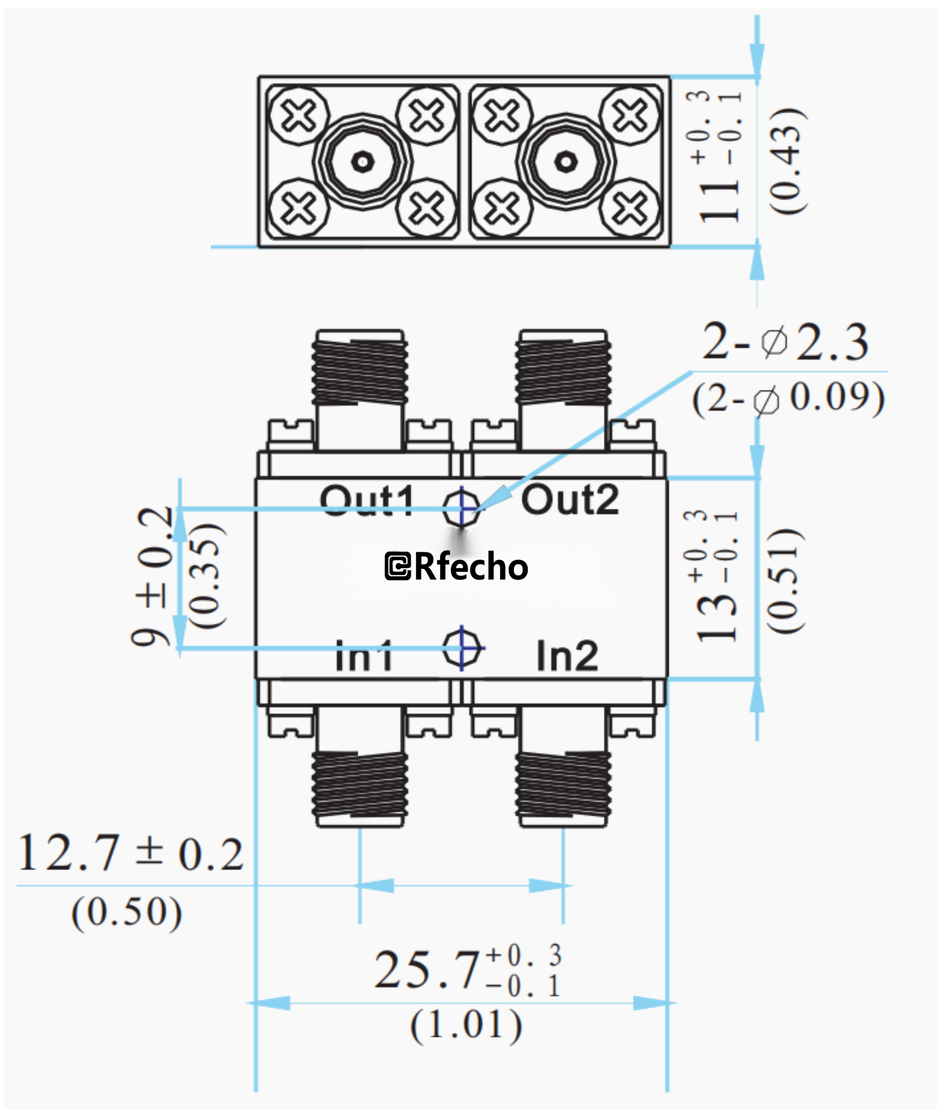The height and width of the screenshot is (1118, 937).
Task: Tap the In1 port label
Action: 364,656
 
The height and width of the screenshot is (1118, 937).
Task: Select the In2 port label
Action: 567,656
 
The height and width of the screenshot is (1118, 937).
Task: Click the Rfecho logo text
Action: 456,567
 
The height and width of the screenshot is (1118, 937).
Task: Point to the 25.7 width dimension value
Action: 426,970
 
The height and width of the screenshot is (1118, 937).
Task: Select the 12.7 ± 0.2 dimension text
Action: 130,853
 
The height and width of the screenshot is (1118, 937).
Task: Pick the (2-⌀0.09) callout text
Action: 788,398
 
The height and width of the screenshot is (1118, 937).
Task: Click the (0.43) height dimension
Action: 787,162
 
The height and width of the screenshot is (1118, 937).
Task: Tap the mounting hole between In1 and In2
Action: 461,648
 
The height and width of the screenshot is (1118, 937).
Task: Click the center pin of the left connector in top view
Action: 362,161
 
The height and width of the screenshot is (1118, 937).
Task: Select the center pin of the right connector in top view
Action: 565,161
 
